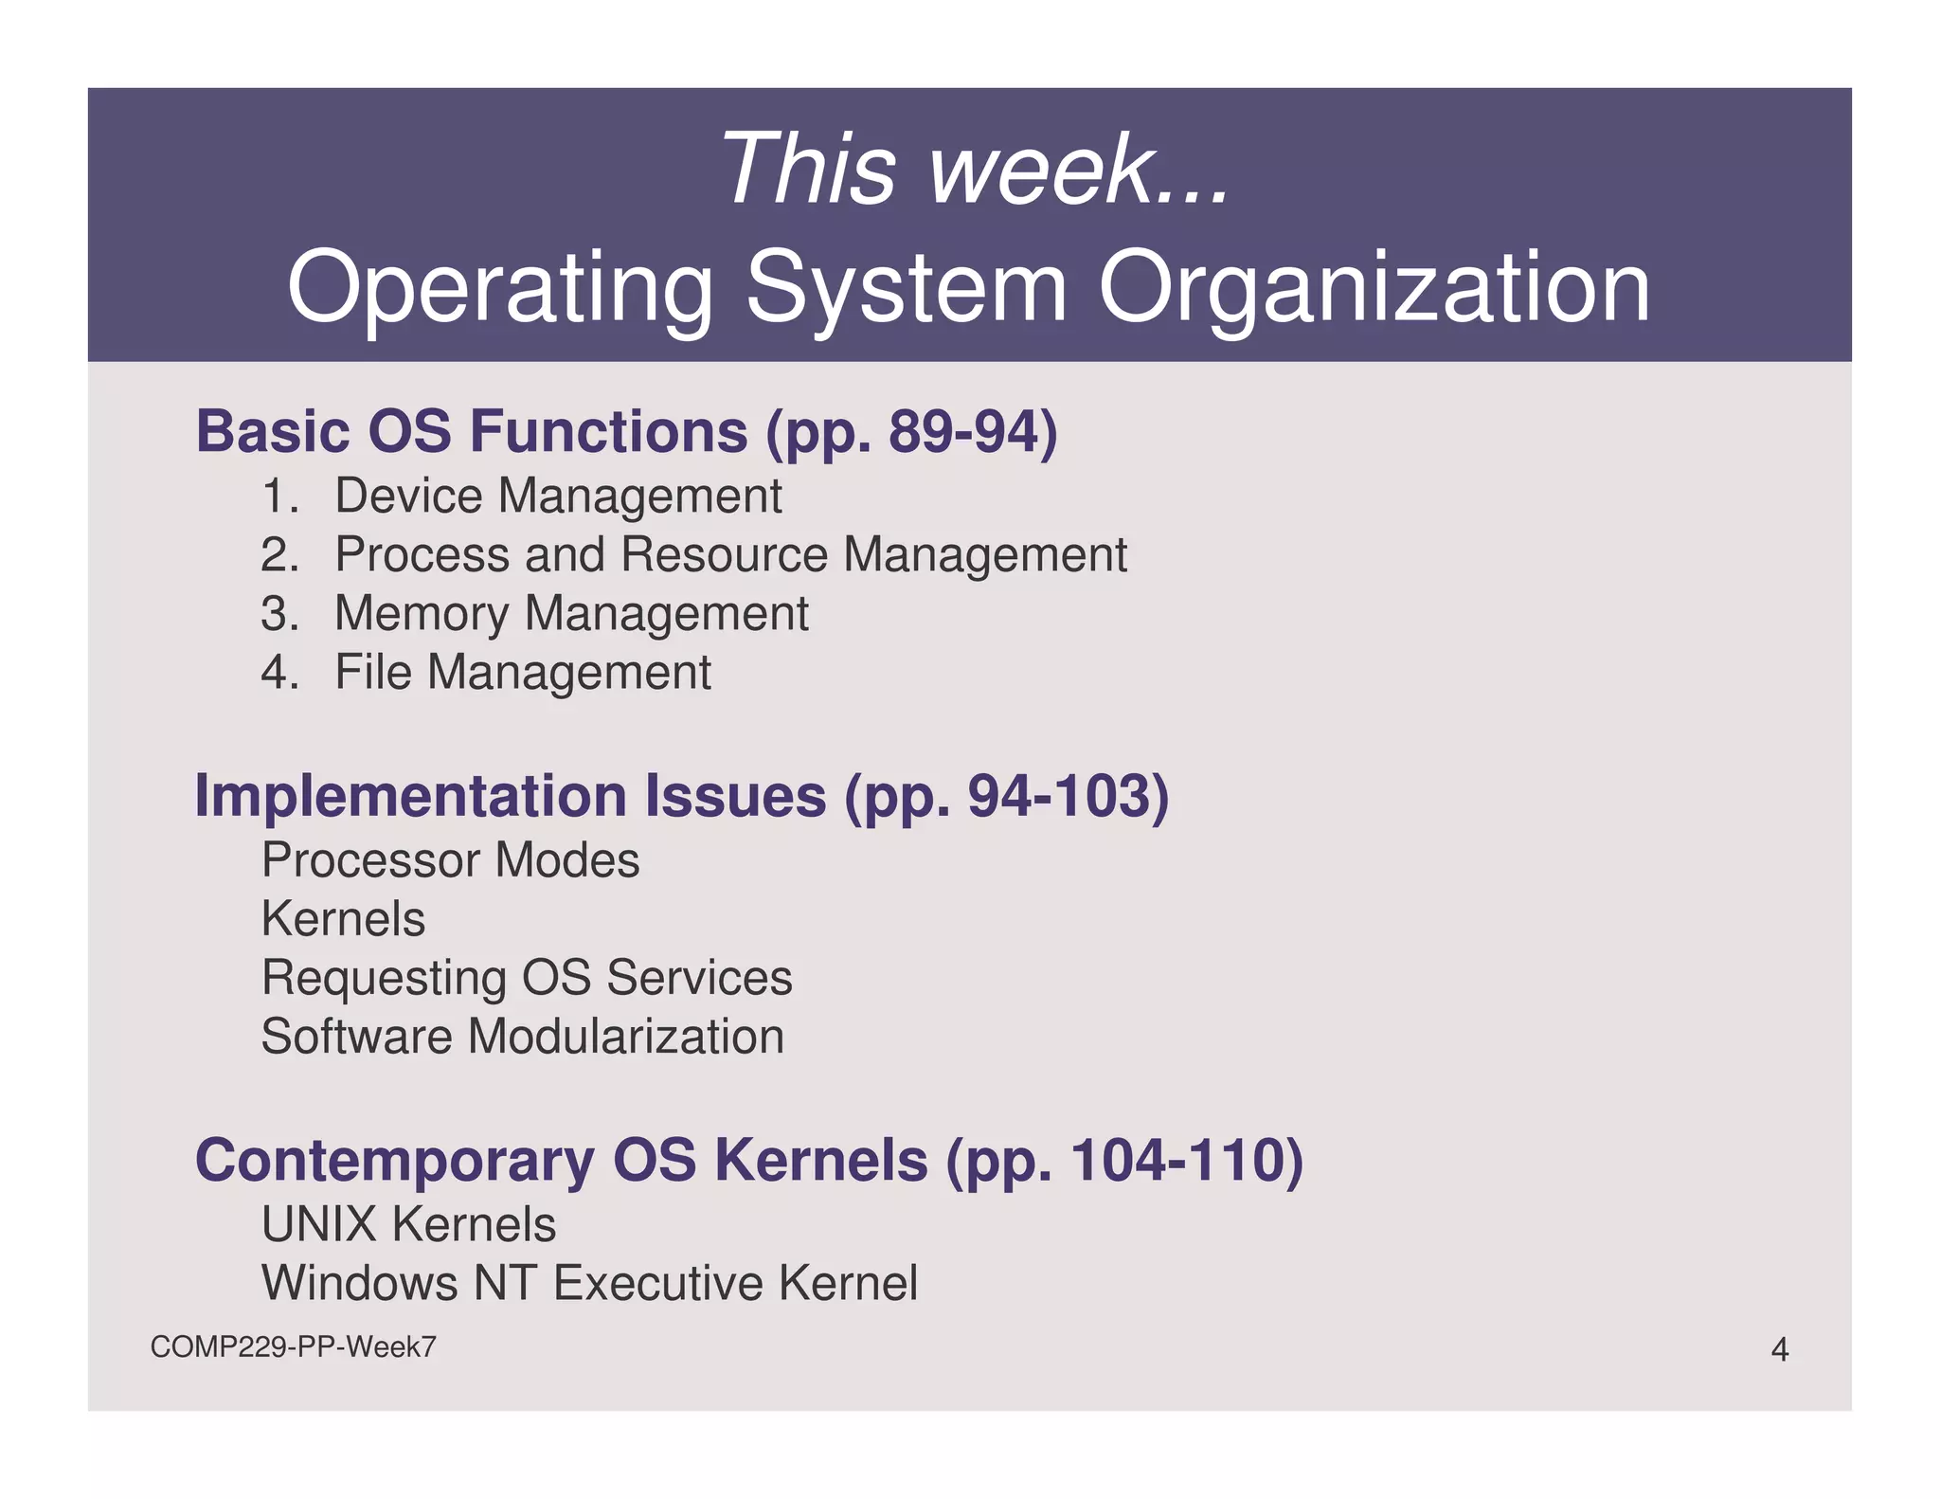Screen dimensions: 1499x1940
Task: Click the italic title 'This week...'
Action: tap(975, 169)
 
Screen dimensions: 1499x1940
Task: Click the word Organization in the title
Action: tap(1374, 287)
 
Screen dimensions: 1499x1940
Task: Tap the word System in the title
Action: tap(907, 287)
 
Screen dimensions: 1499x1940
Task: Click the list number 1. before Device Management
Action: tap(279, 497)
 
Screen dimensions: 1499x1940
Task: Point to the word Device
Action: tap(408, 497)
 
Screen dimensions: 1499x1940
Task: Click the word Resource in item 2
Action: tap(724, 555)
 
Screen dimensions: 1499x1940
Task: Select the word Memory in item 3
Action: tap(422, 614)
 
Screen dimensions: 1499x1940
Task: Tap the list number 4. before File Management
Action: tap(279, 673)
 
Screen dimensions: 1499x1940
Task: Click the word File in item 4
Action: tap(373, 673)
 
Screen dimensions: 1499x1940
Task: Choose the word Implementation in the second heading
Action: tap(409, 796)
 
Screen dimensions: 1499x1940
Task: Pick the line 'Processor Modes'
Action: tap(450, 860)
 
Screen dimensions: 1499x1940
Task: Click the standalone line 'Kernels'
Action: tap(343, 919)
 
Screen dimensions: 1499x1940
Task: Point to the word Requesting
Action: tap(384, 978)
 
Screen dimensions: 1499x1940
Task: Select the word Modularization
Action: tap(625, 1037)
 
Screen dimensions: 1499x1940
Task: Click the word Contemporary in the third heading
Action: tap(394, 1160)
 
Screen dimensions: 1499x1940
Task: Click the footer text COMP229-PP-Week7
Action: tap(293, 1346)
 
